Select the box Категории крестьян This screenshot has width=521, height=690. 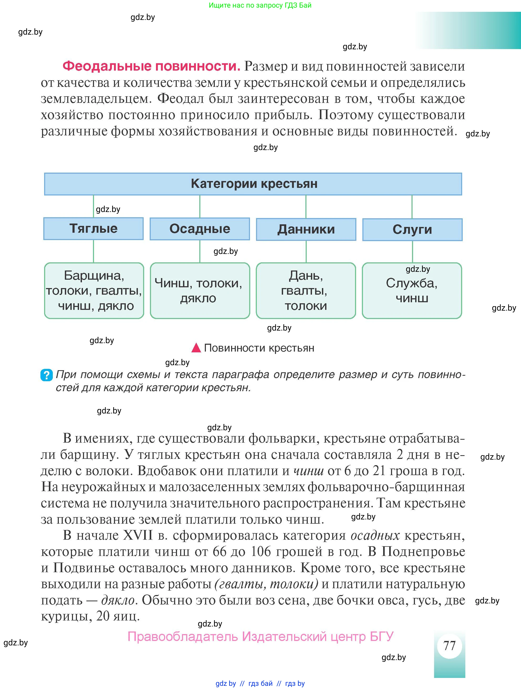point(253,184)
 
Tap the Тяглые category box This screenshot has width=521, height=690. point(93,229)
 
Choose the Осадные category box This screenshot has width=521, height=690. point(200,229)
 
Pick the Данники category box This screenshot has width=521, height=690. point(306,230)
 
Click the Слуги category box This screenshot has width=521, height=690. point(412,230)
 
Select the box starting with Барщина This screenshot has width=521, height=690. point(94,290)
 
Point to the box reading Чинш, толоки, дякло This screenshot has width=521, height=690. point(200,290)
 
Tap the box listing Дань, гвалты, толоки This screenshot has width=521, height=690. point(306,290)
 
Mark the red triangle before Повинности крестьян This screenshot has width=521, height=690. point(196,348)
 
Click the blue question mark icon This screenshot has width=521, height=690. point(46,375)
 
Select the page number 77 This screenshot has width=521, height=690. point(449,645)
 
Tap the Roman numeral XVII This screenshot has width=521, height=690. point(138,535)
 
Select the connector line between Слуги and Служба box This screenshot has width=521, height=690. point(412,251)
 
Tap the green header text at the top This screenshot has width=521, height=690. point(260,5)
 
